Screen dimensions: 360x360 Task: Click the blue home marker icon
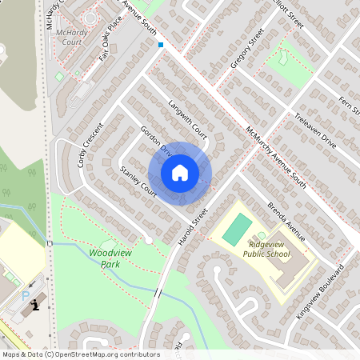[x=180, y=173]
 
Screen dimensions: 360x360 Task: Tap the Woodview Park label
[x=110, y=257]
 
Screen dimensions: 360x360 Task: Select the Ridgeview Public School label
[x=268, y=249]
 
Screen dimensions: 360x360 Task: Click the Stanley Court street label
[x=138, y=182]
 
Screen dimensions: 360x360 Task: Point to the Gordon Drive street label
[x=156, y=140]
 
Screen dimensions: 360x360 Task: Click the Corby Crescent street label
[x=90, y=144]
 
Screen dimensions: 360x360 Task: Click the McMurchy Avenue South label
[x=275, y=157]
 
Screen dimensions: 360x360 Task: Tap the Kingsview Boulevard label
[x=320, y=290]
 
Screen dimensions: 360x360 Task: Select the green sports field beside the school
[x=235, y=230]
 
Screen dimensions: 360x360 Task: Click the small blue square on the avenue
[x=161, y=45]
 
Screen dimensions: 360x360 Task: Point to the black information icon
[x=34, y=305]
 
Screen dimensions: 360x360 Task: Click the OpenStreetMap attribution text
[x=81, y=354]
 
